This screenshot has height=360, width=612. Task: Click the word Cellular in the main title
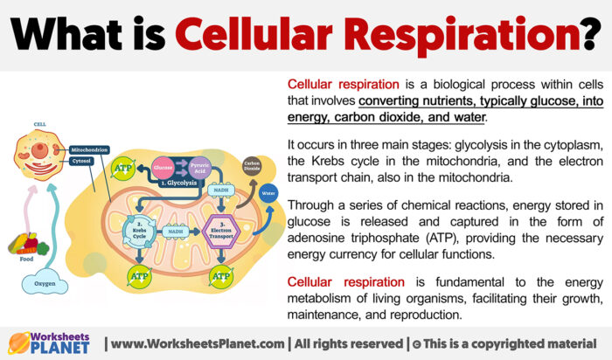pos(252,34)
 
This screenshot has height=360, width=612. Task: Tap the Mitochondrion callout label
pos(89,150)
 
